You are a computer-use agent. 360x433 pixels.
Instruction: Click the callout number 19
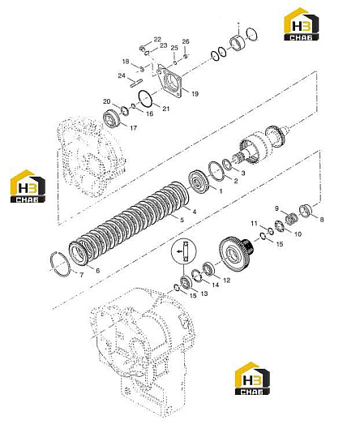[x=195, y=94]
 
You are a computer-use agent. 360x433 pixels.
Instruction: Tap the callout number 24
[x=122, y=75]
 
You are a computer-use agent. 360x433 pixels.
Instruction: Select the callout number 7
[x=81, y=276]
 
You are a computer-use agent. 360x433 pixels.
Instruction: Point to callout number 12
[x=226, y=281]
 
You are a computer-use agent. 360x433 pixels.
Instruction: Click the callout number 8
[x=322, y=220]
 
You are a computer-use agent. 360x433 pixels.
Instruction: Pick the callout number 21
[x=165, y=109]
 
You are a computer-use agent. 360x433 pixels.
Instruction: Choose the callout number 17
[x=133, y=128]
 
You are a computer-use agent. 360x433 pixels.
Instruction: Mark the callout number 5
[x=182, y=220]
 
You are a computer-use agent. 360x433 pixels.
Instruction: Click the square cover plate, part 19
[x=169, y=80]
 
